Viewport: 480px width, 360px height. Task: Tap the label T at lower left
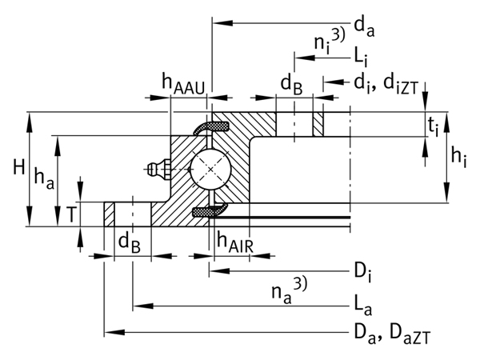click(x=72, y=214)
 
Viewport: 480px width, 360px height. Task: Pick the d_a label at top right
click(x=365, y=30)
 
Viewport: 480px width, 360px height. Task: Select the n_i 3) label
click(x=329, y=42)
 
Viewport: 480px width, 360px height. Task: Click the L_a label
click(x=364, y=306)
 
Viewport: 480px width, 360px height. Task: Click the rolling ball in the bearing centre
click(x=210, y=169)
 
